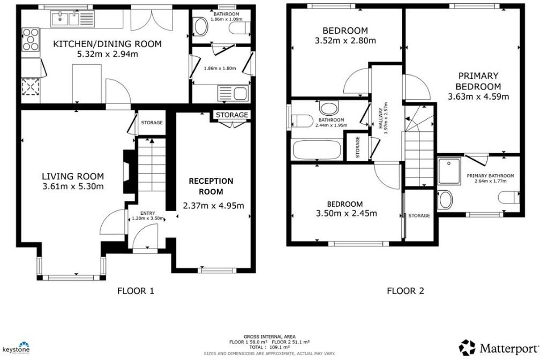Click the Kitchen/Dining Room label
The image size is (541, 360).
(107, 44)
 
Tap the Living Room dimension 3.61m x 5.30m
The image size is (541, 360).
(73, 186)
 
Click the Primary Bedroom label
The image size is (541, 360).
(478, 81)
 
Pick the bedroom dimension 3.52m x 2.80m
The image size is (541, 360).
(344, 40)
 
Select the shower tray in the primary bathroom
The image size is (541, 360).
(449, 170)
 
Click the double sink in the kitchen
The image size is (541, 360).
(72, 20)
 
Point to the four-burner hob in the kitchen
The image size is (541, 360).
(31, 40)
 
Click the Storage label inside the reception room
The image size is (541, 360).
(232, 115)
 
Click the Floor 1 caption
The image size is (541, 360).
(136, 291)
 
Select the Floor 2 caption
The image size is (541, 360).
(405, 291)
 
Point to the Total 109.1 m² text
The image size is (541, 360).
(269, 347)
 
